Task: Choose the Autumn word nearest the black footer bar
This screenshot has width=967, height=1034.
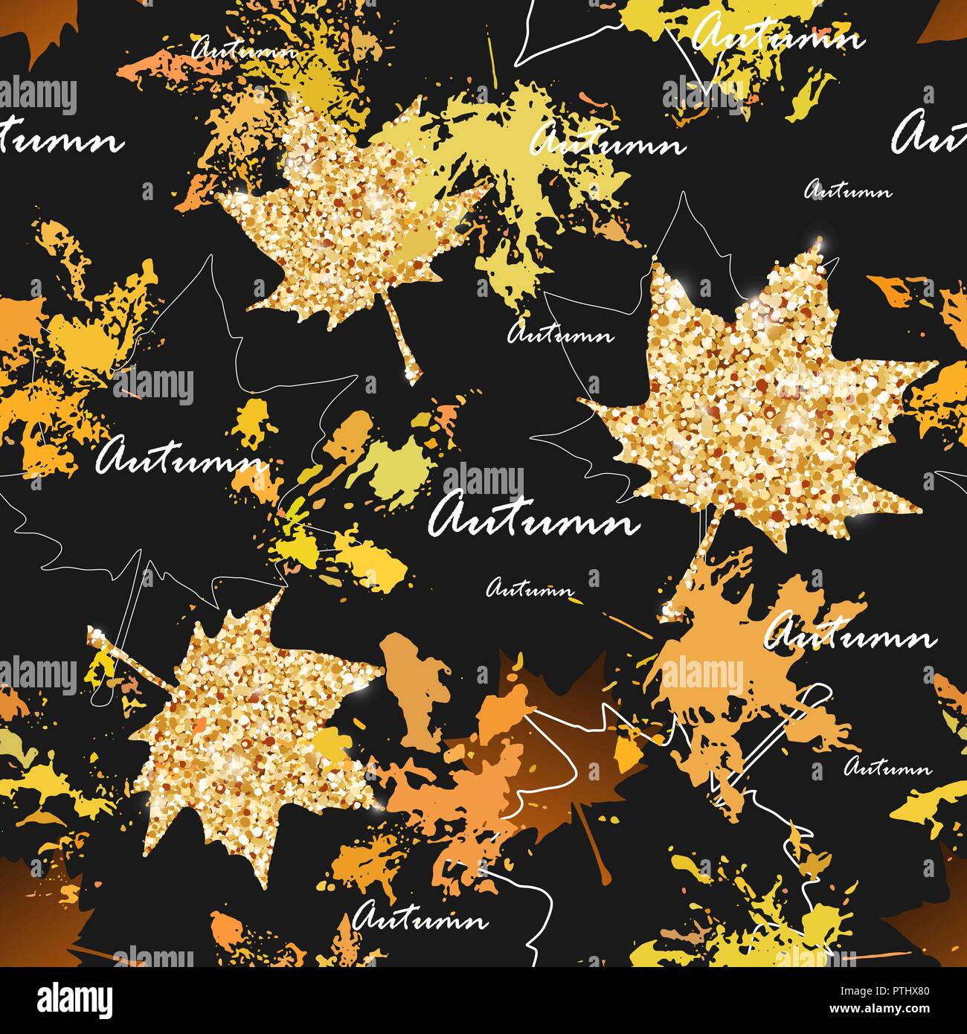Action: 420,919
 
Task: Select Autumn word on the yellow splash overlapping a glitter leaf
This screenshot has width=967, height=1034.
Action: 606,141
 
